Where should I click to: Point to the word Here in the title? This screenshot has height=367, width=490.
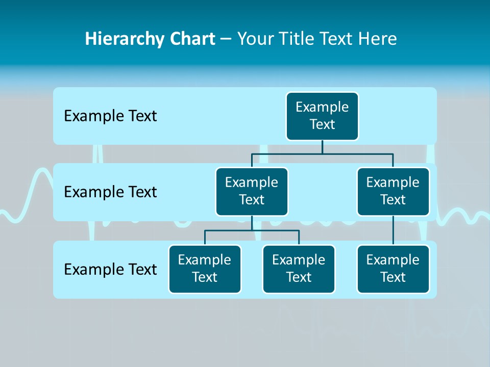coord(378,39)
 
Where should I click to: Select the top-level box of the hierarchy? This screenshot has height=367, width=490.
coord(322,116)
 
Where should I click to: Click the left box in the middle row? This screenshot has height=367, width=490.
coord(252,192)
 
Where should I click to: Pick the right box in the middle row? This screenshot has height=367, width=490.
coord(393,192)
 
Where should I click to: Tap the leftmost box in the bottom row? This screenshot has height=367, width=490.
coord(205,269)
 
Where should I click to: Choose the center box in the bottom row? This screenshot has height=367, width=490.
coord(299,269)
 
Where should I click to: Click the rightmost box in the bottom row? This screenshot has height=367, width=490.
coord(393,269)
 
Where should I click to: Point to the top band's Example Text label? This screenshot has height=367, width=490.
coord(110,116)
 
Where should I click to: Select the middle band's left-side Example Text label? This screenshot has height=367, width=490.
coord(110,192)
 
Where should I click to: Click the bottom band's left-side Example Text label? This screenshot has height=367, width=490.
coord(110,269)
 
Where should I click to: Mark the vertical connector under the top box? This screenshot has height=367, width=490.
coord(322,147)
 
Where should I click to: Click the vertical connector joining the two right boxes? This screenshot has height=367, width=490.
coord(393,230)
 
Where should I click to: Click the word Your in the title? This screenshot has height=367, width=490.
coord(255,39)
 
